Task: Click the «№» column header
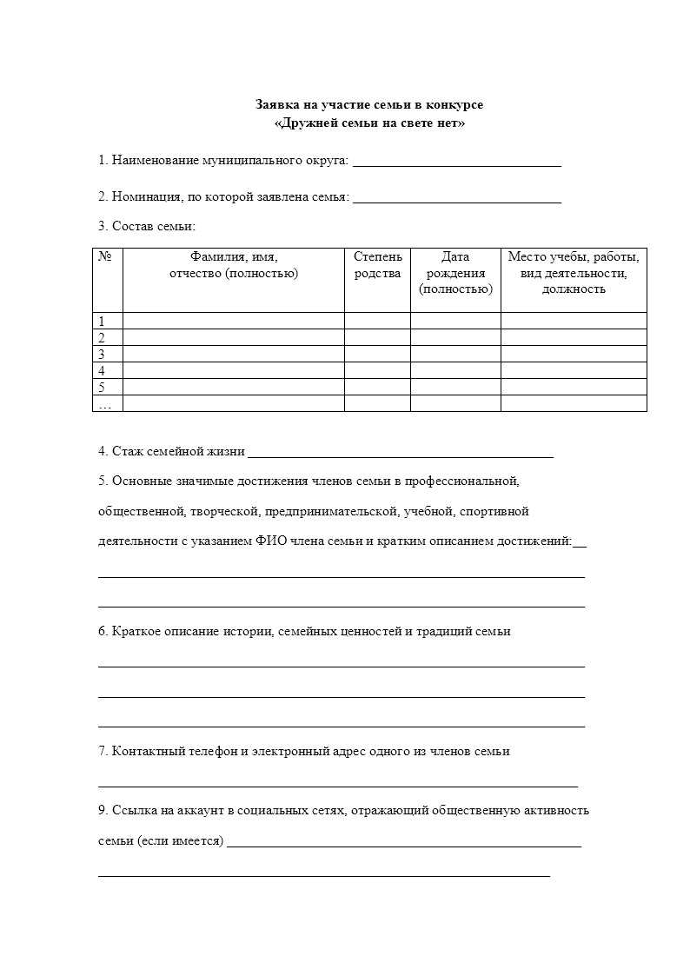tap(107, 257)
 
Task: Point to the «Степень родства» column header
tap(378, 265)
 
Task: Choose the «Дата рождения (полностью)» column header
tap(455, 273)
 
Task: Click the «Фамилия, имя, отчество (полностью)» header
tap(233, 265)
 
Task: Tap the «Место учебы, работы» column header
tap(574, 273)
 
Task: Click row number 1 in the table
tap(102, 322)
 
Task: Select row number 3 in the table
tap(102, 355)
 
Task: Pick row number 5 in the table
tap(102, 388)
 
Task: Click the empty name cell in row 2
tap(233, 338)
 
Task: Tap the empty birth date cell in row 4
tap(455, 371)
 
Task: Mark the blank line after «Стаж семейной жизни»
tap(400, 453)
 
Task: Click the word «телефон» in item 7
tap(214, 751)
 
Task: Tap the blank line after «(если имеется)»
tap(404, 843)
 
